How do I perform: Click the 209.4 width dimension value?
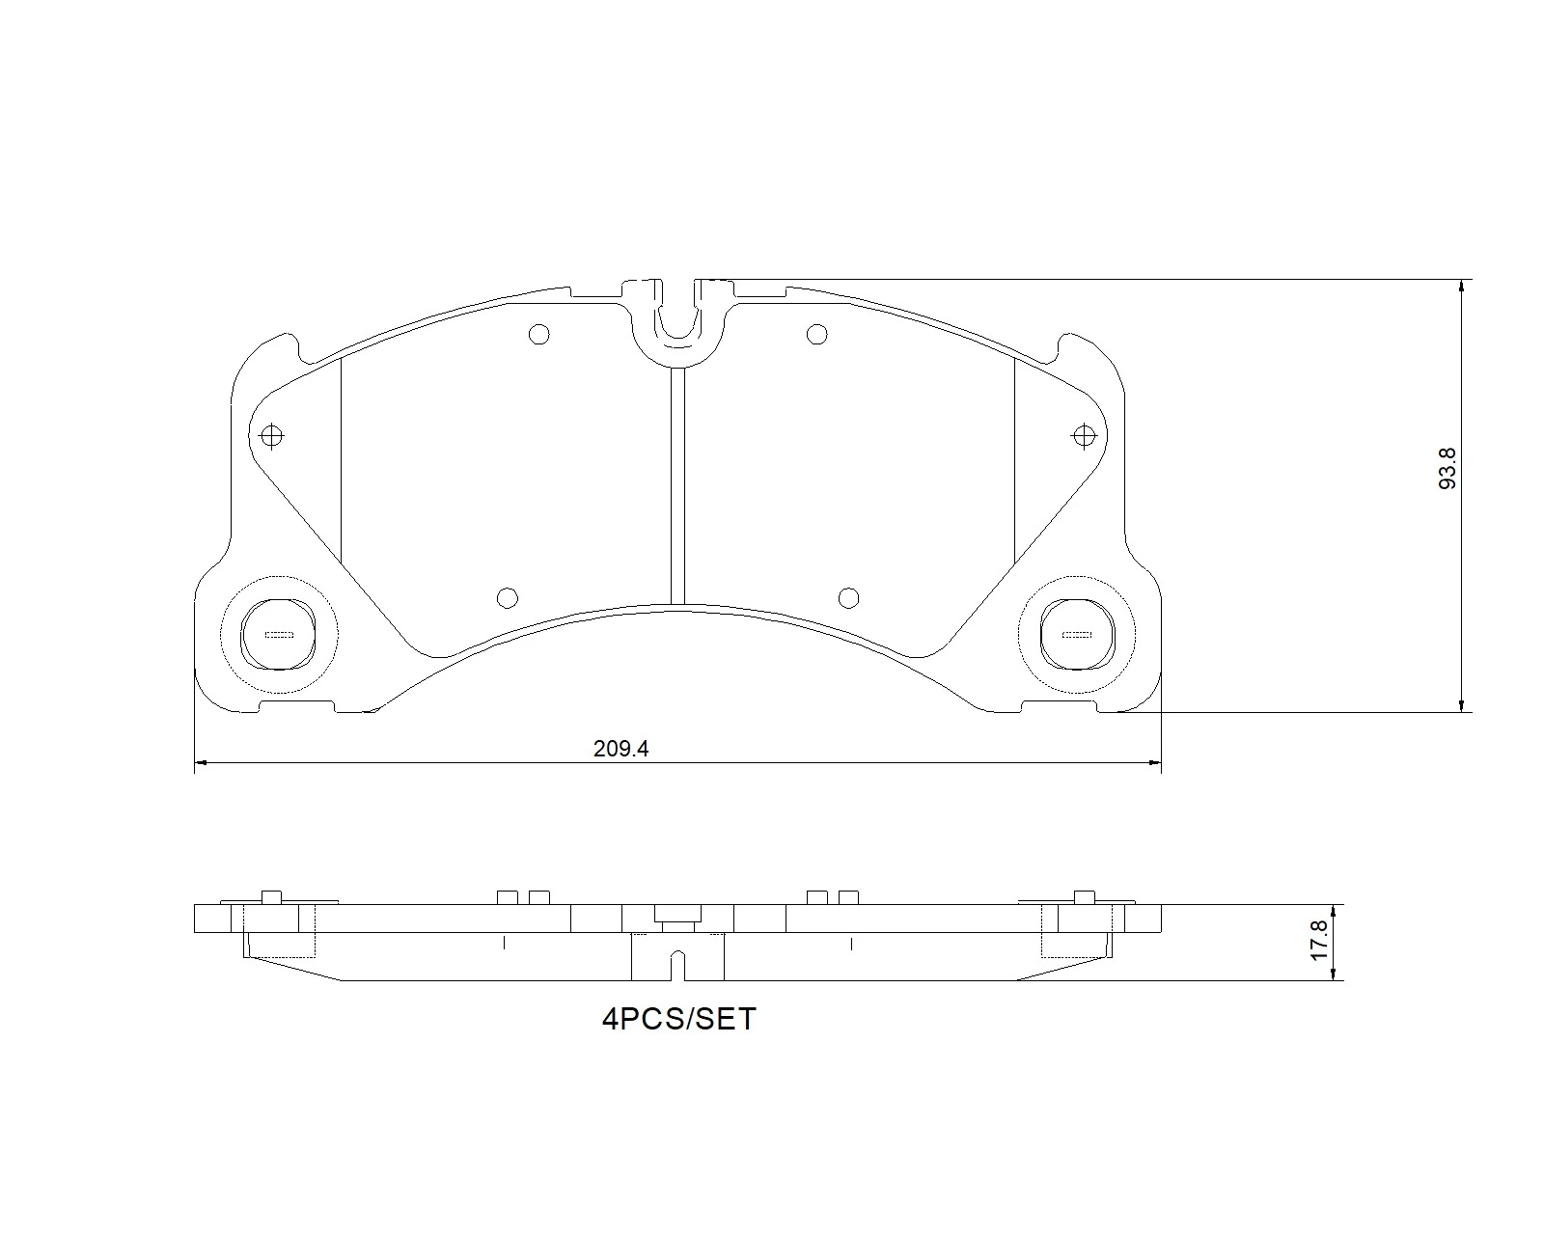coord(619,749)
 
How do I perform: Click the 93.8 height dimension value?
coord(1447,468)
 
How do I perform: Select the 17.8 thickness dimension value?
coord(1321,938)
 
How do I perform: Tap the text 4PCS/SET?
coord(678,1019)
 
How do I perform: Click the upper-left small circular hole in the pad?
coord(539,335)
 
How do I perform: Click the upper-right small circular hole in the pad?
coord(816,335)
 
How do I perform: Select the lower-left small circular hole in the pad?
coord(507,598)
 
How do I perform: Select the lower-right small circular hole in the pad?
coord(848,598)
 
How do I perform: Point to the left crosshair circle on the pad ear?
coord(272,436)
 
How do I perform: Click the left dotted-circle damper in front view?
coord(279,634)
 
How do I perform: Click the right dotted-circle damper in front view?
coord(1077,634)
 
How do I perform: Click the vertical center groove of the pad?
coord(677,482)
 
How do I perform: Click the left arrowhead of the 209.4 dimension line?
coord(201,763)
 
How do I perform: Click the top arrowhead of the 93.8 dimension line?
coord(1463,287)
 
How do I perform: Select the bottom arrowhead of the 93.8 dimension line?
coord(1463,705)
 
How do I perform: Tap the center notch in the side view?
coord(677,964)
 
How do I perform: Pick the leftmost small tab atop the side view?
coord(271,896)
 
